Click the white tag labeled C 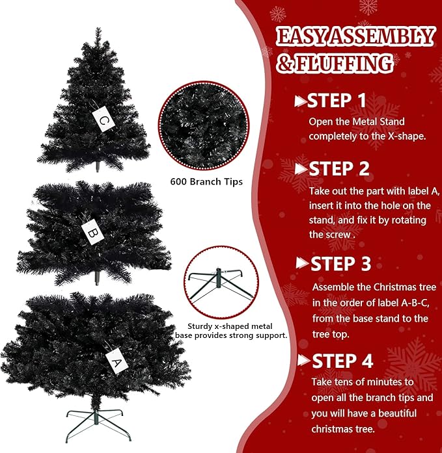[x=104, y=119]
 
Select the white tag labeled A [x=116, y=358]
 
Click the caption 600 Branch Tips [x=206, y=182]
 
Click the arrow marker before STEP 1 [x=300, y=101]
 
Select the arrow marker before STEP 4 [x=303, y=361]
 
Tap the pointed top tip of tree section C [x=98, y=30]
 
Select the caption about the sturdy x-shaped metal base [x=232, y=330]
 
